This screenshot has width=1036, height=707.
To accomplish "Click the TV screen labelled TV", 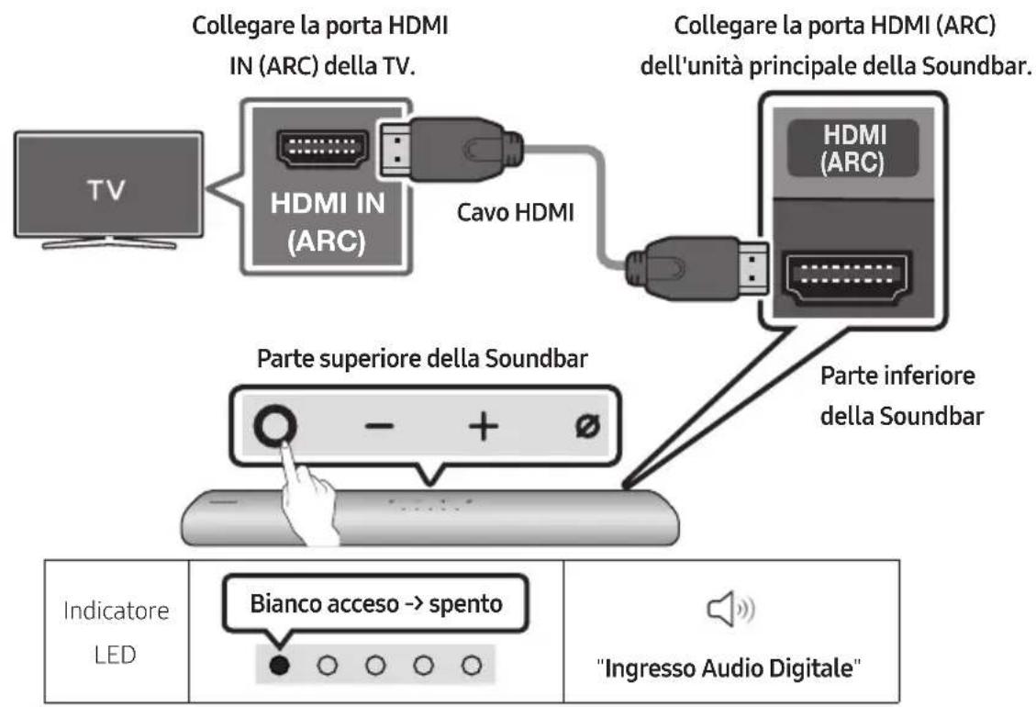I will (108, 187).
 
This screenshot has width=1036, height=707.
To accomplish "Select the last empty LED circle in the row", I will (471, 662).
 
